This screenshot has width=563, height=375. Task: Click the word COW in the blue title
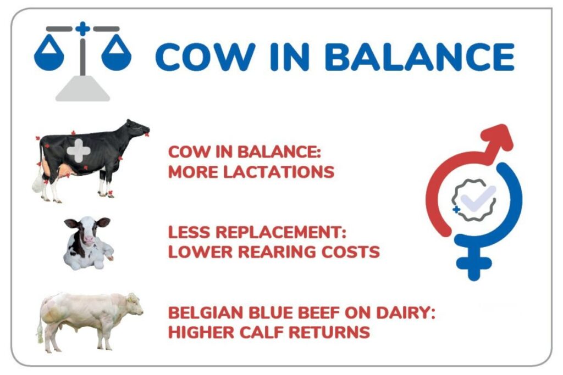tap(205, 57)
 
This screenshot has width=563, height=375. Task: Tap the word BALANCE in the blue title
tap(420, 57)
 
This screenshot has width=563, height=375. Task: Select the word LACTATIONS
tap(279, 172)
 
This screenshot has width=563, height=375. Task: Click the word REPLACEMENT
tap(281, 232)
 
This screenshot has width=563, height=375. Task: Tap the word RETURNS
tap(329, 332)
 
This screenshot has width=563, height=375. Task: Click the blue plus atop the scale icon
tap(82, 29)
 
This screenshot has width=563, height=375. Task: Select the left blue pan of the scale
tap(49, 53)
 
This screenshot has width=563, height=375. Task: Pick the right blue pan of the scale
tap(117, 53)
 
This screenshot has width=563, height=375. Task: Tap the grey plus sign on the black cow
tap(79, 151)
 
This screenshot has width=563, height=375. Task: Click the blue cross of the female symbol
tap(474, 264)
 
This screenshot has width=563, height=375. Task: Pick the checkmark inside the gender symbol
tap(478, 199)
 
